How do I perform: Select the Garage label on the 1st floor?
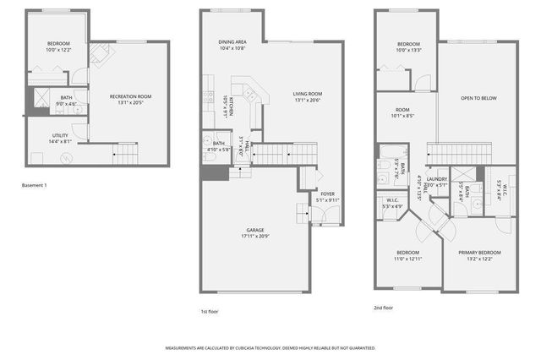[x=254, y=230]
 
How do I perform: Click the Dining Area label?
[x=232, y=41]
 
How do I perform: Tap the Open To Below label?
[x=478, y=98]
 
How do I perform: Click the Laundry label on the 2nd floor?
[x=436, y=180]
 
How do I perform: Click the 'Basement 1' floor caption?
[x=35, y=185]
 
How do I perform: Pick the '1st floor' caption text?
[x=210, y=311]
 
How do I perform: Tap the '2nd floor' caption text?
[x=383, y=308]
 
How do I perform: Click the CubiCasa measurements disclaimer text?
[x=270, y=348]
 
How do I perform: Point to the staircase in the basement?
[x=125, y=154]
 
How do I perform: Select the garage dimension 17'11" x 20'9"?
[x=254, y=234]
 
